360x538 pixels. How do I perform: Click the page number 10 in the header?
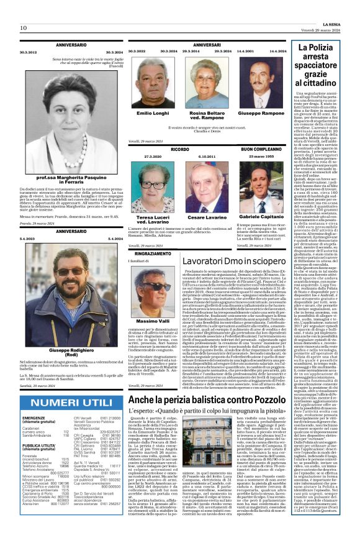[x=23, y=28]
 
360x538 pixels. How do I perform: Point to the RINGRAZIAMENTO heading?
[x=151, y=254]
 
